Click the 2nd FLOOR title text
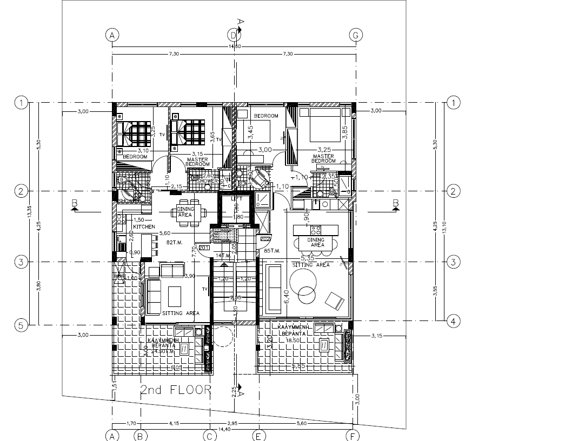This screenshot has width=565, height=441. [175, 390]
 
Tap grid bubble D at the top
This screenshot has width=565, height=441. [234, 35]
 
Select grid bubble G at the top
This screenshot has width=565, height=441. [355, 35]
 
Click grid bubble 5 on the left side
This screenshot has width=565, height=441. [21, 325]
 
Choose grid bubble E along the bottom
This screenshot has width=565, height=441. [258, 435]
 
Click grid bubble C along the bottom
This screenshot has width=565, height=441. [210, 435]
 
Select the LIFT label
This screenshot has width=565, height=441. [236, 199]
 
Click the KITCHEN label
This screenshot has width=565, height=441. [144, 226]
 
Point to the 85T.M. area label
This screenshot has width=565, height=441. [271, 251]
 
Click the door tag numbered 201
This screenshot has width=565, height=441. [204, 248]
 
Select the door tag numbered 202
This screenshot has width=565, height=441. [265, 238]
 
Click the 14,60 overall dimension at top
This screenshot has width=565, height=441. [234, 47]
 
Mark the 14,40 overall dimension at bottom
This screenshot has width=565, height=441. [234, 429]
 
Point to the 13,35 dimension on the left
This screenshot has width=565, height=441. [30, 213]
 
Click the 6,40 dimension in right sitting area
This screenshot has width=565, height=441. [287, 296]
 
